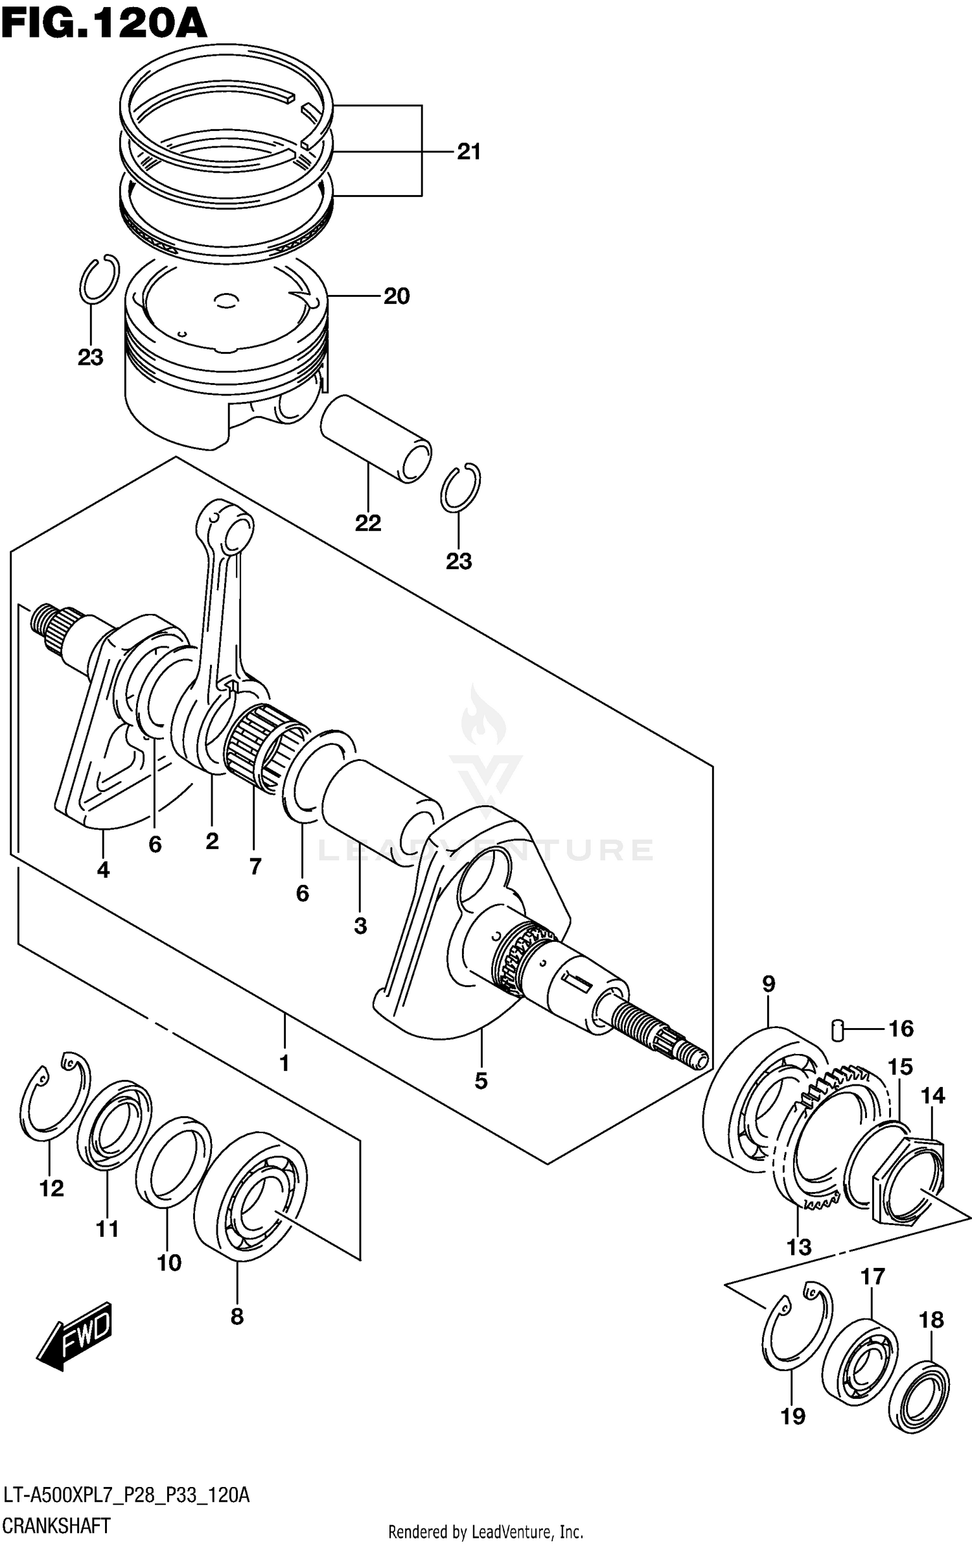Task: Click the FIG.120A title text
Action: pos(104,24)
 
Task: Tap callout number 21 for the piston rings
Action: pos(469,152)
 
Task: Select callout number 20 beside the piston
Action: pos(397,296)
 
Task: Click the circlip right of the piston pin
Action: pos(460,487)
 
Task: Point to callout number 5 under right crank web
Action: pos(480,1081)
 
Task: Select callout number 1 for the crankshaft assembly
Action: pos(283,1063)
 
